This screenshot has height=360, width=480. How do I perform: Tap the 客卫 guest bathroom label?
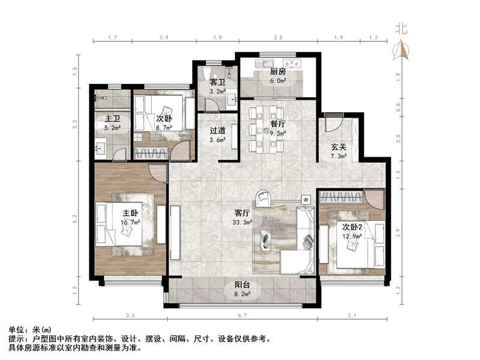(x=217, y=83)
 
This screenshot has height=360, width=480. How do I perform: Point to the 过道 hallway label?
(x=217, y=131)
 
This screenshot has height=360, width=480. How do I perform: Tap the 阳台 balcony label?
(x=242, y=286)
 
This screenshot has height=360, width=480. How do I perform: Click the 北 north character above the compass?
(x=401, y=28)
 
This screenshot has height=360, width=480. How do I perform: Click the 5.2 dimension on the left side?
(x=75, y=220)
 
